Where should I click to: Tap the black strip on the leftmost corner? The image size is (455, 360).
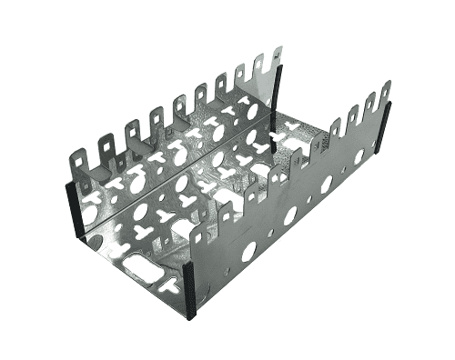70,207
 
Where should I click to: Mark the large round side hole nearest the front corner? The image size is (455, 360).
248,251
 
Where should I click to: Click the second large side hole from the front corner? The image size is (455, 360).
290,215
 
